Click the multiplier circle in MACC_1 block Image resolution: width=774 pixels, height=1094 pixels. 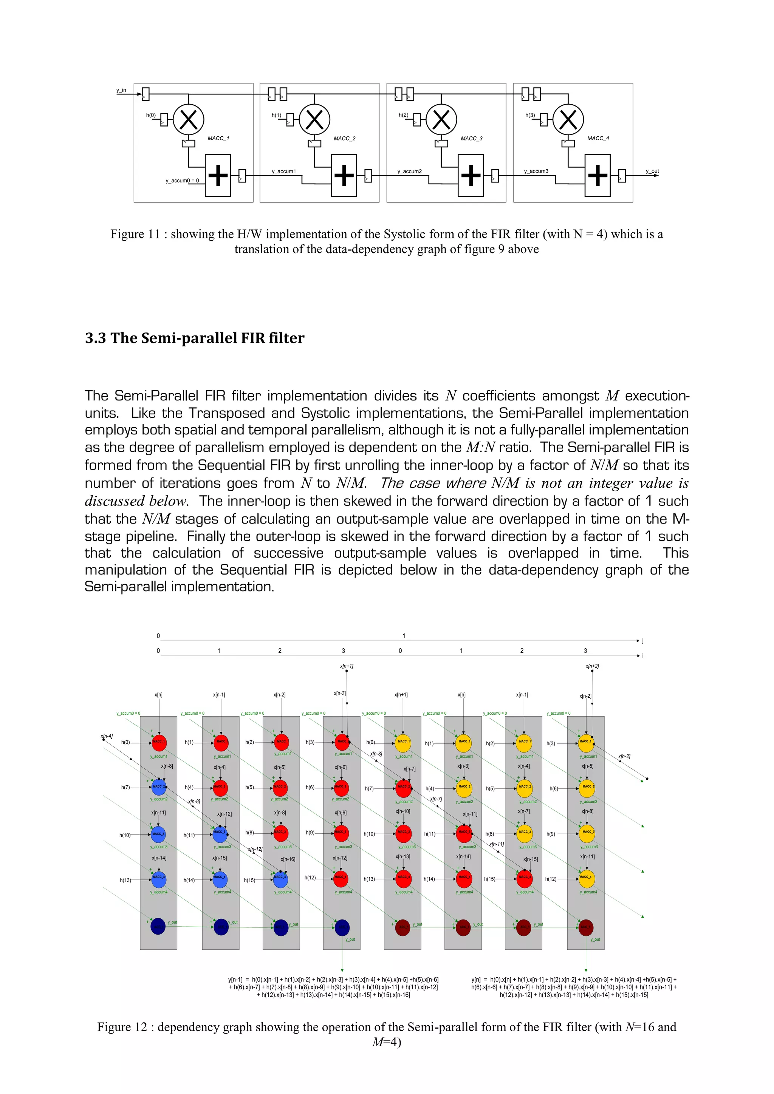tap(189, 119)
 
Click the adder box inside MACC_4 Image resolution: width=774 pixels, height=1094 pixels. tap(598, 175)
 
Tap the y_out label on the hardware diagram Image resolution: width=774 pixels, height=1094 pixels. tap(652, 171)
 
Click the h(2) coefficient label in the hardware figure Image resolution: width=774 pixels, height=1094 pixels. tap(403, 115)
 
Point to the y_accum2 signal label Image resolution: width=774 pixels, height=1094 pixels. tap(409, 171)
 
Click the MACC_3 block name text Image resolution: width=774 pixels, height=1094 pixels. tap(471, 138)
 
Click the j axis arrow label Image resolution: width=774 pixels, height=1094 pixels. tap(643, 640)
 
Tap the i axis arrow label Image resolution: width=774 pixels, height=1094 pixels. tap(643, 656)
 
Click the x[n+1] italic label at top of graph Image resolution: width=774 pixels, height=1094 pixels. tap(347, 666)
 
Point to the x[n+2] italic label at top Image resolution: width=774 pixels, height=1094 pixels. tap(592, 666)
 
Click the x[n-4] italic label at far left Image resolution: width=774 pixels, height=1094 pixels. tap(107, 736)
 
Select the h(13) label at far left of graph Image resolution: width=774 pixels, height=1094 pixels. tap(125, 880)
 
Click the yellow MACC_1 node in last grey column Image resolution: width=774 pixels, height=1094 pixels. tap(586, 742)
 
